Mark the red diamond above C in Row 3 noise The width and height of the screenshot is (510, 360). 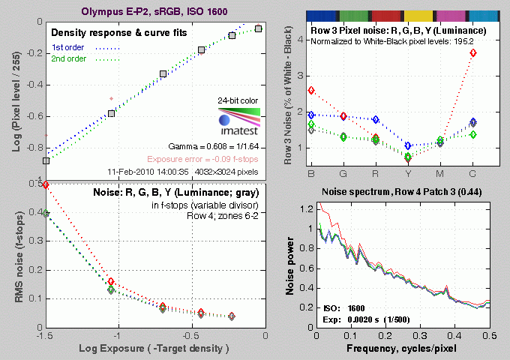494,52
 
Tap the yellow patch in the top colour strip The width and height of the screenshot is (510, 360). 418,15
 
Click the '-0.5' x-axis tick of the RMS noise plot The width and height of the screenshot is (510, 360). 192,337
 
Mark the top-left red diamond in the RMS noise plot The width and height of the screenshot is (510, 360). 46,184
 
